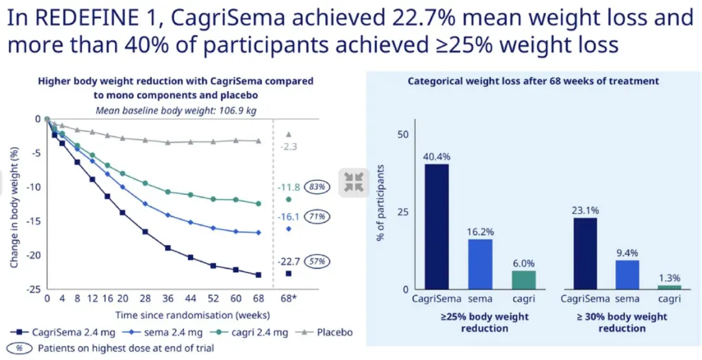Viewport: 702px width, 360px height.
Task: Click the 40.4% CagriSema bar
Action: point(437,226)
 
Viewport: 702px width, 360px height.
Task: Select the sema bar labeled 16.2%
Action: point(480,264)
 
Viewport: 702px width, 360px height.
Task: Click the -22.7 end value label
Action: point(289,261)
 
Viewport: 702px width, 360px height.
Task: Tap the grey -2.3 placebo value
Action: point(289,147)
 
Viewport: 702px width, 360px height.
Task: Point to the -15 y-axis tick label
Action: point(32,221)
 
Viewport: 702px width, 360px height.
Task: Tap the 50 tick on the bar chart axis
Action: point(403,134)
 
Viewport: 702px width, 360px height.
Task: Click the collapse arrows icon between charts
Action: point(354,182)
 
